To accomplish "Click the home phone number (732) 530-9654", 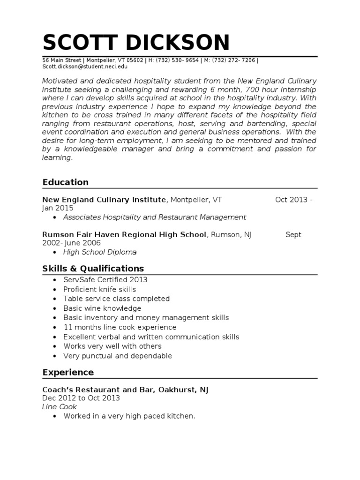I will coord(179,60).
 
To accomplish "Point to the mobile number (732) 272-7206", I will coord(234,60).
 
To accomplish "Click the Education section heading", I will coord(65,182).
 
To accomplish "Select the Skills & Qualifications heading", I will coord(93,269).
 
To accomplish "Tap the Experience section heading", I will coord(68,372).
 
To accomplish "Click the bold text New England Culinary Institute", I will coord(104,200).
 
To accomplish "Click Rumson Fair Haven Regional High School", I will coord(124,234).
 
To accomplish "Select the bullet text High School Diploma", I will coord(100,252).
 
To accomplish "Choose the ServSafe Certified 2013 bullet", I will coord(105,280).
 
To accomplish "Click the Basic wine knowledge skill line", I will coord(102,308).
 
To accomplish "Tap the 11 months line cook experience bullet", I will coord(120,327).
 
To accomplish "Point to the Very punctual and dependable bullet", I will coord(118,356).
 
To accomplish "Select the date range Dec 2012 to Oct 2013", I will coord(81,398).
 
